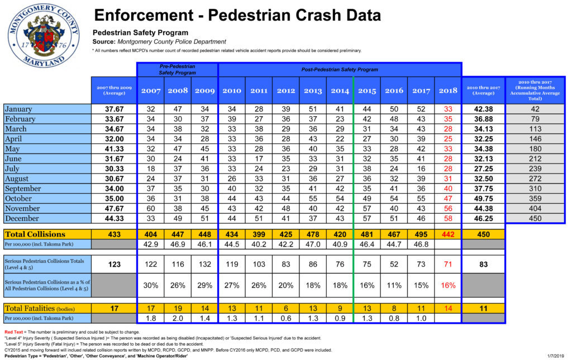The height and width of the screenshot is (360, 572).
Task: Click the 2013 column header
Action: [x=312, y=90]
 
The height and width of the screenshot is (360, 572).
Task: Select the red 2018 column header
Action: [x=447, y=90]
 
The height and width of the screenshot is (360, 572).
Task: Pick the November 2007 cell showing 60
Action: [x=150, y=208]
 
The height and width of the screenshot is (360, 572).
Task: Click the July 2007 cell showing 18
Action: [x=150, y=169]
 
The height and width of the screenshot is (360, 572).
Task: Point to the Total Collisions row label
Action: [x=35, y=234]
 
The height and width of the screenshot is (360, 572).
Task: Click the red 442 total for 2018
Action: [x=447, y=234]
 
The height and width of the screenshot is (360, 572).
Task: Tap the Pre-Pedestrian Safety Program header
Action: [x=177, y=69]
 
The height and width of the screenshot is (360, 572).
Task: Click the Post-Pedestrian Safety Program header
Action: [x=340, y=70]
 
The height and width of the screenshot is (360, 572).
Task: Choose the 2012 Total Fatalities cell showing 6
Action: [x=285, y=308]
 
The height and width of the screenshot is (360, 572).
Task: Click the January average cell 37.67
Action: [x=114, y=109]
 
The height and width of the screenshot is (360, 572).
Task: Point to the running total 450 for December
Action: [x=535, y=218]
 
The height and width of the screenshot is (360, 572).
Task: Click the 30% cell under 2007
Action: [x=150, y=285]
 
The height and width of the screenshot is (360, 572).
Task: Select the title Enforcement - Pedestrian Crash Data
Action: [x=237, y=15]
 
